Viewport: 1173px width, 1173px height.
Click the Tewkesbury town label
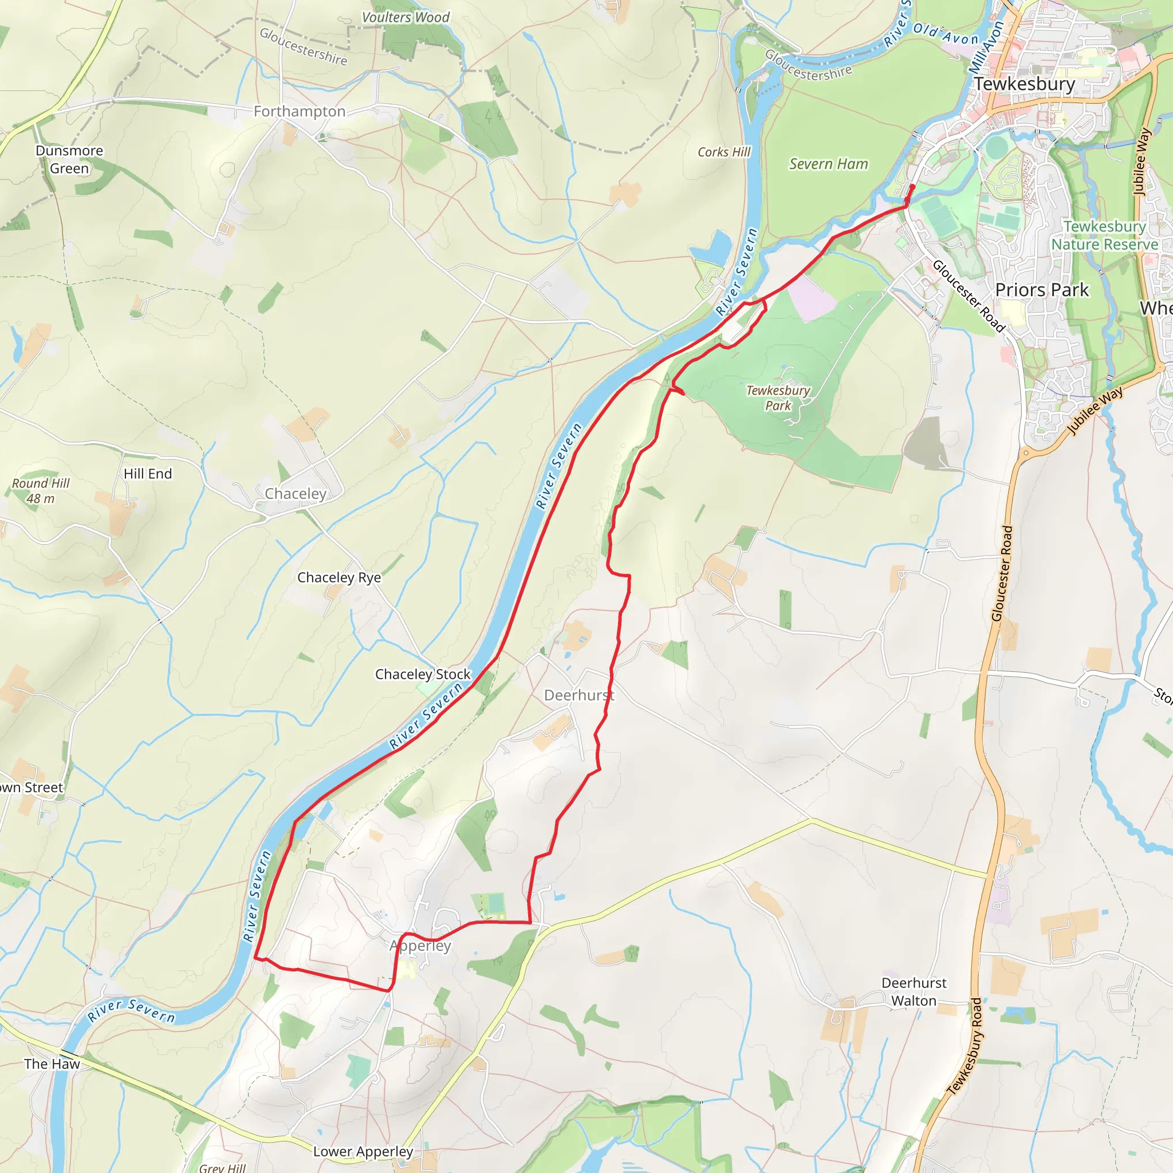1024,84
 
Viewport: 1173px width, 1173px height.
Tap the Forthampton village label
300,111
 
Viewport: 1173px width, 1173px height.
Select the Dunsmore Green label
69,159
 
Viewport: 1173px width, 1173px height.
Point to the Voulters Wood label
406,18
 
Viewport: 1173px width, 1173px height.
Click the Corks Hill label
724,152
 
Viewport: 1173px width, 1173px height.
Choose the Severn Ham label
828,164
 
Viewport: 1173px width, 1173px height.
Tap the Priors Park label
1042,290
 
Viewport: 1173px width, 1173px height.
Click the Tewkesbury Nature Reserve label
1104,235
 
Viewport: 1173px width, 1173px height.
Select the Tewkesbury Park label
778,397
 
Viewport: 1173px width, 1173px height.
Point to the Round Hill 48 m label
41,491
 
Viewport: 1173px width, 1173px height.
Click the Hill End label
148,474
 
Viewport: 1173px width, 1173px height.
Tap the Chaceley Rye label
339,577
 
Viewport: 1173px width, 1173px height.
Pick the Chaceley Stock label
423,674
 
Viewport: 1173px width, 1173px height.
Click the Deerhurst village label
578,695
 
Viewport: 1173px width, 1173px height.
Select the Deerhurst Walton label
914,991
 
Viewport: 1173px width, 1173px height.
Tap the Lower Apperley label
363,1151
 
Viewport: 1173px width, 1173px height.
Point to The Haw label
52,1064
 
